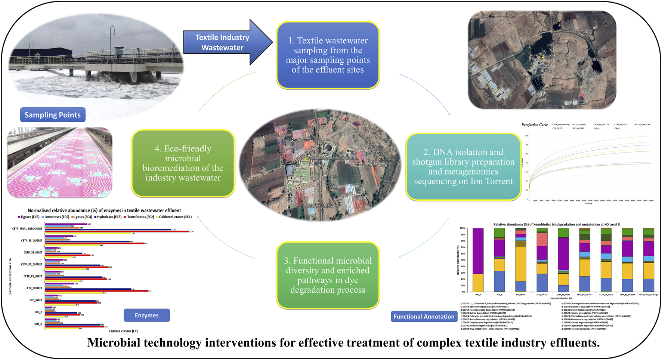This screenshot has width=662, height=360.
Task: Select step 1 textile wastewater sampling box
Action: pyautogui.click(x=328, y=55)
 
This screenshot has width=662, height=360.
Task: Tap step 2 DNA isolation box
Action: pyautogui.click(x=463, y=167)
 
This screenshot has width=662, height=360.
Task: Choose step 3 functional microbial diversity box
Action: pyautogui.click(x=328, y=275)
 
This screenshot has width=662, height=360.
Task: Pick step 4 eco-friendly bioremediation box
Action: pyautogui.click(x=183, y=163)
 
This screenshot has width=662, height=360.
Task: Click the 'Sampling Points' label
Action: pyautogui.click(x=53, y=115)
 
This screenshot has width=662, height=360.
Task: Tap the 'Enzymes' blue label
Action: pyautogui.click(x=146, y=315)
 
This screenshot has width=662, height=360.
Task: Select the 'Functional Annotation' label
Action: pyautogui.click(x=424, y=316)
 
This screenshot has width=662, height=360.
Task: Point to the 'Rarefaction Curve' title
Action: pyautogui.click(x=535, y=125)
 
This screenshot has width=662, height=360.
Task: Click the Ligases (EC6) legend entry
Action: pyautogui.click(x=29, y=217)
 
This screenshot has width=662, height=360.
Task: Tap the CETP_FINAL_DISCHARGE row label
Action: pyautogui.click(x=27, y=228)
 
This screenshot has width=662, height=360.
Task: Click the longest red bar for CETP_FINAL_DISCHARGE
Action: pyautogui.click(x=120, y=231)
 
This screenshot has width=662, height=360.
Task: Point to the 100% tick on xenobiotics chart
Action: pyautogui.click(x=462, y=228)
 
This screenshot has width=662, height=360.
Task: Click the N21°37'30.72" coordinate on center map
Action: pyautogui.click(x=320, y=206)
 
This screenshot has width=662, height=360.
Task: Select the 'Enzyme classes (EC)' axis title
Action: pyautogui.click(x=123, y=331)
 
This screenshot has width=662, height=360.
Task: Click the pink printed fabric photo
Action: pyautogui.click(x=60, y=163)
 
